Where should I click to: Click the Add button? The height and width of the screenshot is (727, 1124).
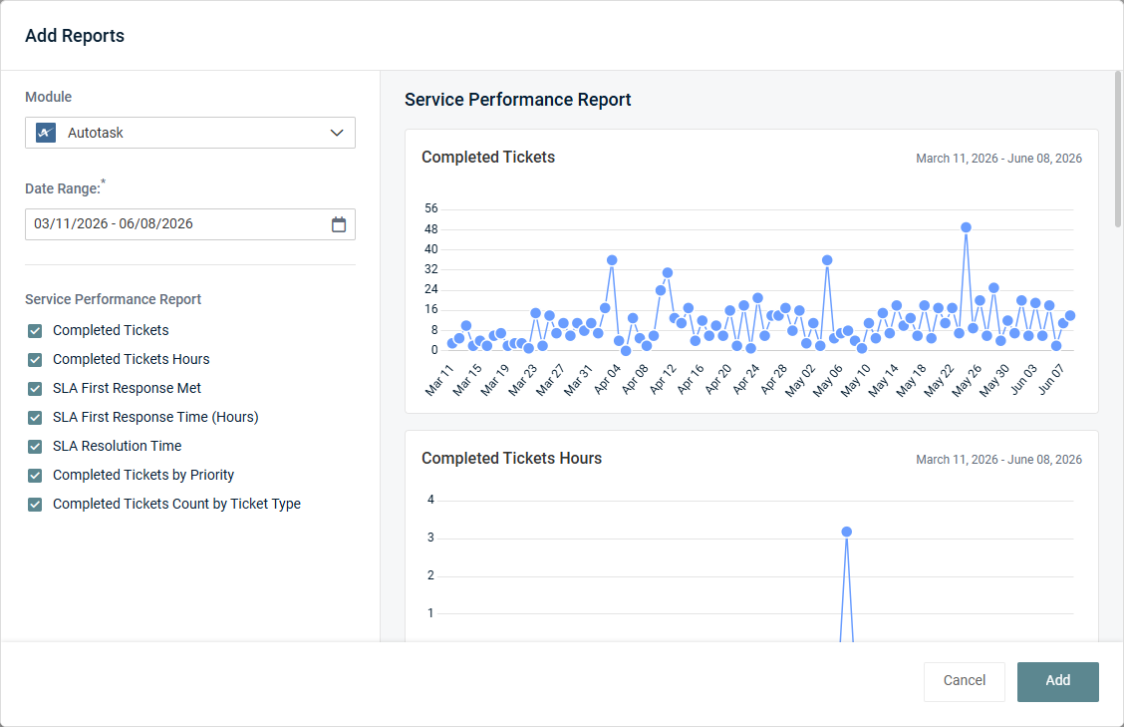[x=1057, y=681]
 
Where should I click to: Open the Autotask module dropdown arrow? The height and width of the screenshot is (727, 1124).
[x=337, y=133]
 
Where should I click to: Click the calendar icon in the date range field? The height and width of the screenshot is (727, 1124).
[x=339, y=224]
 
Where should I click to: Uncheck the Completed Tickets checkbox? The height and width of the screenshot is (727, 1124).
[x=35, y=331]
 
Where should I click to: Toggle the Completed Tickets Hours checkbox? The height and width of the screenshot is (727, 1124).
[x=35, y=360]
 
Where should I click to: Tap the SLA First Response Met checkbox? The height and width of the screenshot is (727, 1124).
[x=35, y=388]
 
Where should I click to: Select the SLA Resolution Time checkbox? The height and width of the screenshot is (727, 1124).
[x=35, y=447]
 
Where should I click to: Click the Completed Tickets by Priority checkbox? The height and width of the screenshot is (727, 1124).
[x=35, y=475]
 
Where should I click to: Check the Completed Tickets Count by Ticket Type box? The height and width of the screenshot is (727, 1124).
[x=35, y=505]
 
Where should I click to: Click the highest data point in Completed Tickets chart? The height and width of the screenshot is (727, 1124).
[x=966, y=227]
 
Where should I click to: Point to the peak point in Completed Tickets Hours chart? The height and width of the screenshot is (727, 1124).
[x=847, y=532]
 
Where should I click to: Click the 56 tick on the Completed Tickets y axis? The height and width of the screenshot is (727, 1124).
[x=430, y=208]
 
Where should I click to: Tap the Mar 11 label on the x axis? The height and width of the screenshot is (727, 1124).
[x=439, y=380]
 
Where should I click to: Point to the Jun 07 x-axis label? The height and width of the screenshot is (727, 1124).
[x=1051, y=379]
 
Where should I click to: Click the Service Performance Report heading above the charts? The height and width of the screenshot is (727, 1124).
[x=517, y=100]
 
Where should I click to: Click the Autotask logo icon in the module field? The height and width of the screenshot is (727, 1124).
[x=46, y=133]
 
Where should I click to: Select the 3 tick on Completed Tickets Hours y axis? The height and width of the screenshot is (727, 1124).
[x=430, y=538]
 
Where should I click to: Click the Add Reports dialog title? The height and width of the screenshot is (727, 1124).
[x=75, y=36]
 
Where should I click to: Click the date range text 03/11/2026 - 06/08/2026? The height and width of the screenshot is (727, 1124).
[x=114, y=224]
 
